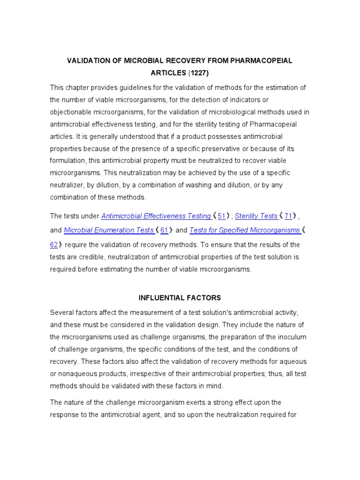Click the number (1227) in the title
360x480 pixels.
(x=199, y=74)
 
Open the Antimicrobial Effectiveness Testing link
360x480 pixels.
(x=156, y=216)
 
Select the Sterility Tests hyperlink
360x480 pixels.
(x=256, y=216)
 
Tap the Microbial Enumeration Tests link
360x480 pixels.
(x=108, y=230)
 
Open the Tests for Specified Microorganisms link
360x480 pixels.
(x=244, y=230)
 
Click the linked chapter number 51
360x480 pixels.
(x=222, y=216)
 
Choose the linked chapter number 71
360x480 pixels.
(x=288, y=216)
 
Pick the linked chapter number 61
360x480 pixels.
(x=164, y=230)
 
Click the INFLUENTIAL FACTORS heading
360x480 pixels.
(x=180, y=298)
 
